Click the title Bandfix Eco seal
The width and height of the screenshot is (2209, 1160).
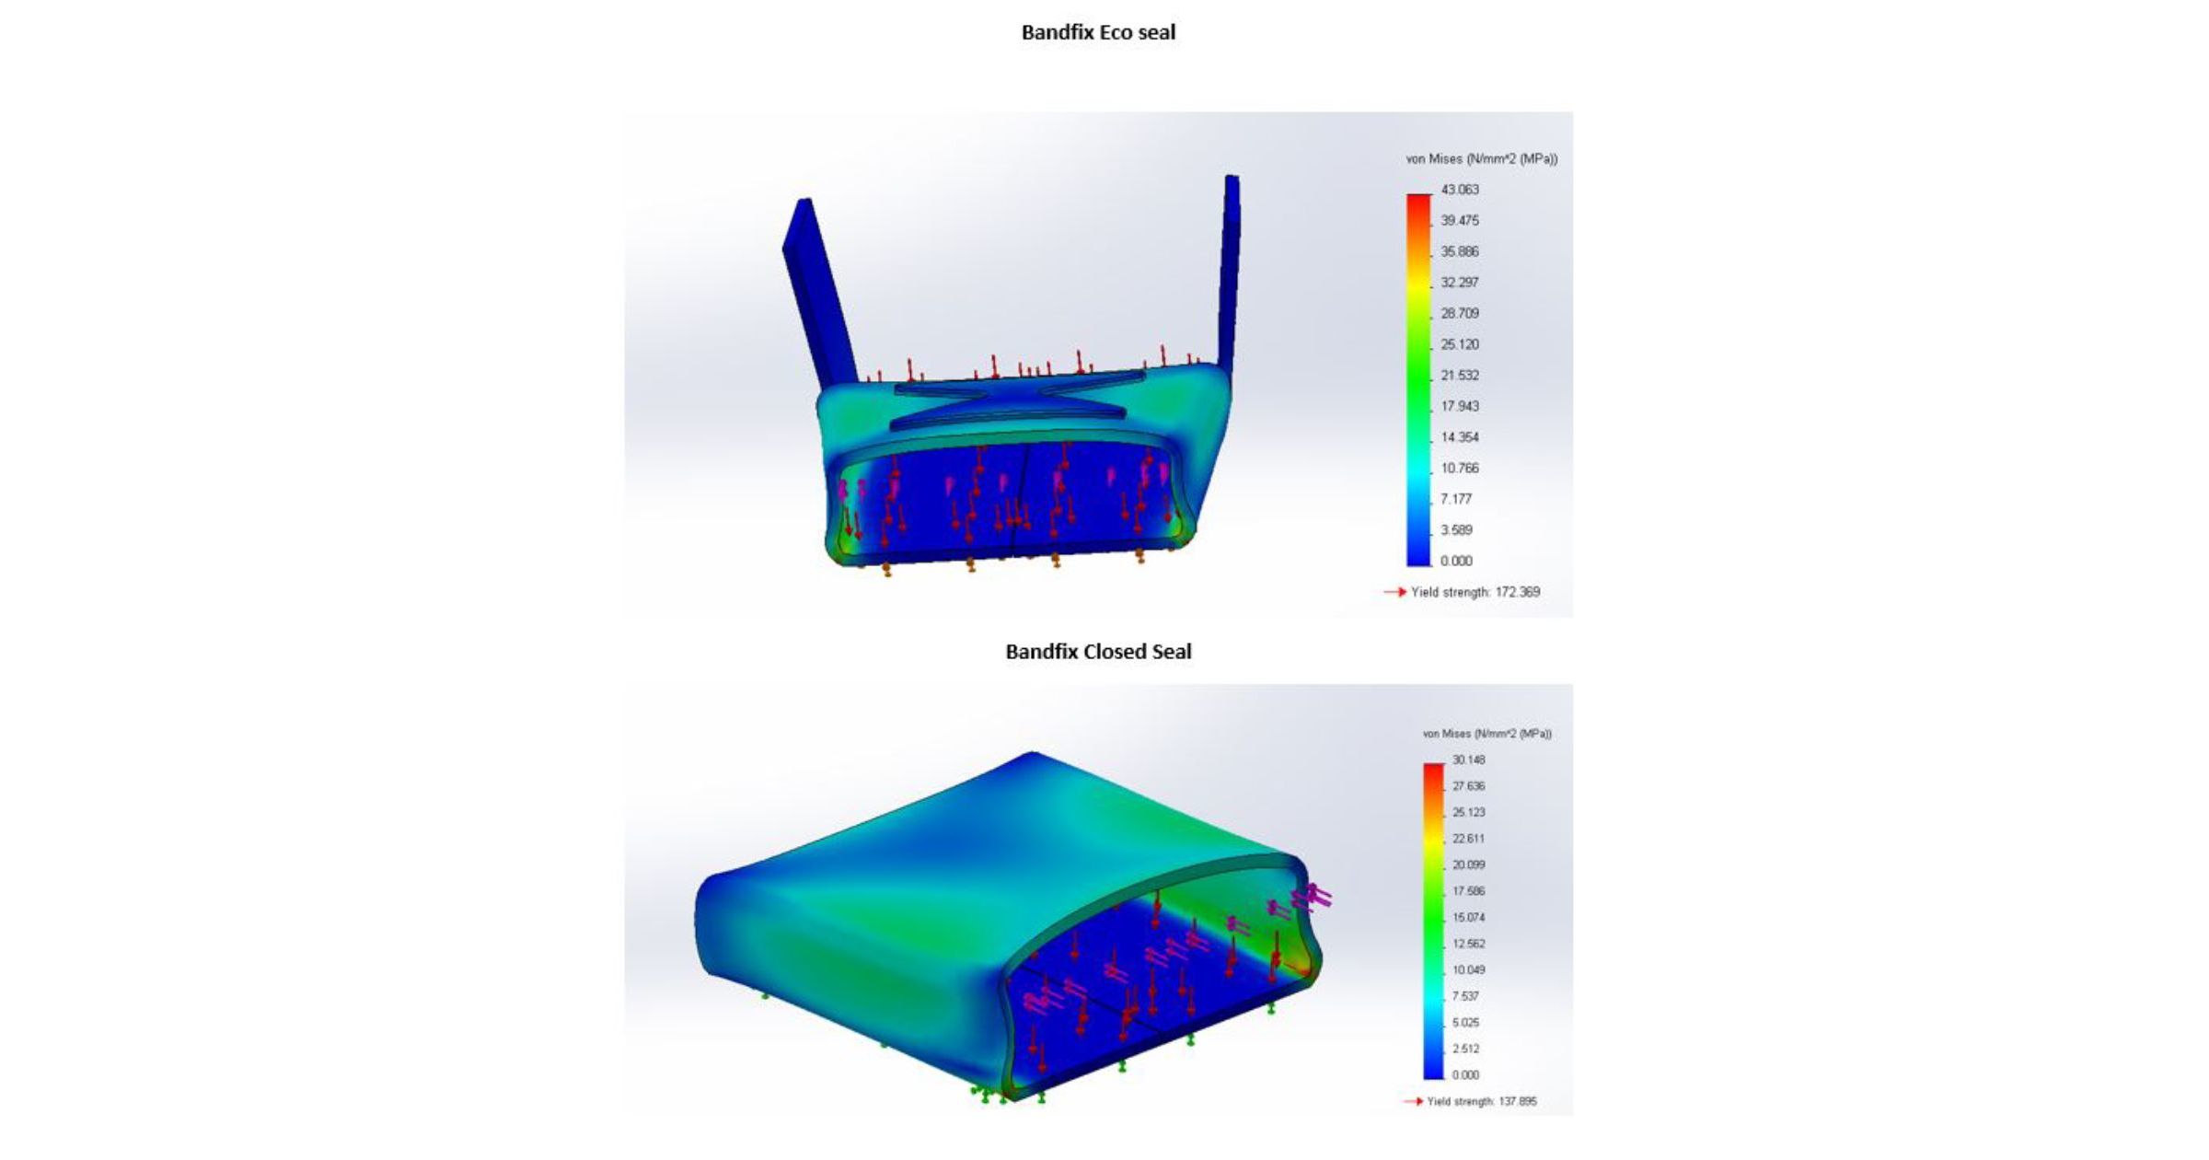coord(1098,32)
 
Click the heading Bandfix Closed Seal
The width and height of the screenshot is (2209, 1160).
coord(1098,652)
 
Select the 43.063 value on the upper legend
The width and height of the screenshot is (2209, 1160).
coord(1460,190)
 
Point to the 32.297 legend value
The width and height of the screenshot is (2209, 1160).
coord(1460,283)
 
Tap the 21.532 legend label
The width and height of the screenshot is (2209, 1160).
coord(1460,376)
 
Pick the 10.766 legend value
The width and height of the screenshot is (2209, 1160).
coord(1460,469)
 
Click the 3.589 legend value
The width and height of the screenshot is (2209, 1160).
coord(1457,530)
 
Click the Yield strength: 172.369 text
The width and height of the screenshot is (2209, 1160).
coord(1475,592)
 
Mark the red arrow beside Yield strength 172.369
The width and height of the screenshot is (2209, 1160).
coord(1395,592)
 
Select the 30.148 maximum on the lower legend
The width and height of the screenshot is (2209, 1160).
coord(1469,760)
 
